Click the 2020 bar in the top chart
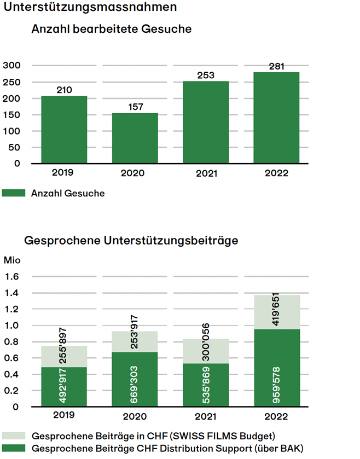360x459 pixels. pos(135,138)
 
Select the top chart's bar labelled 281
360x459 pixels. pos(276,118)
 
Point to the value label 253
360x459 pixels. pos(206,75)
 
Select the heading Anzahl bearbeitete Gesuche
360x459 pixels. pos(112,29)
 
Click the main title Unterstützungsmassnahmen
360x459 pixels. pos(90,8)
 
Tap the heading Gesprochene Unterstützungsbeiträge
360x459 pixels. pos(131,240)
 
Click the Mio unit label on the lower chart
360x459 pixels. pos(11,260)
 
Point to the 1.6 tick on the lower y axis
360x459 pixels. pos(12,277)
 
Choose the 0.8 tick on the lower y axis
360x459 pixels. pos(12,342)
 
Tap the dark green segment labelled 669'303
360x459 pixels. pos(135,380)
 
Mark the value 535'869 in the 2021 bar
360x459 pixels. pos(206,383)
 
